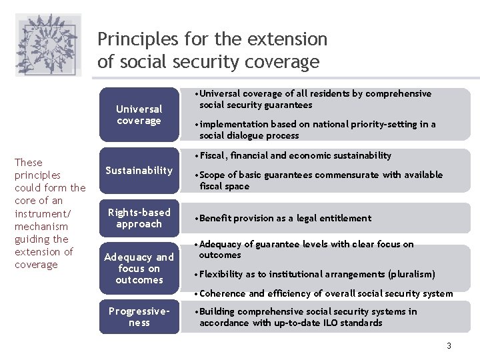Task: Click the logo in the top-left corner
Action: [x=48, y=45]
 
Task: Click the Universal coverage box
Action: [x=139, y=115]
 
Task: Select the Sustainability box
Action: [x=139, y=171]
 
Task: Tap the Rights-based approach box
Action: [x=139, y=218]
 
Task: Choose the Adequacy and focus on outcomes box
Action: [x=139, y=268]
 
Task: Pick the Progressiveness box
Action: [x=139, y=317]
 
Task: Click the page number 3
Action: [x=449, y=345]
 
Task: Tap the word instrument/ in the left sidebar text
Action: [x=42, y=213]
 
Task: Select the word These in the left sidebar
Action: [x=28, y=163]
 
